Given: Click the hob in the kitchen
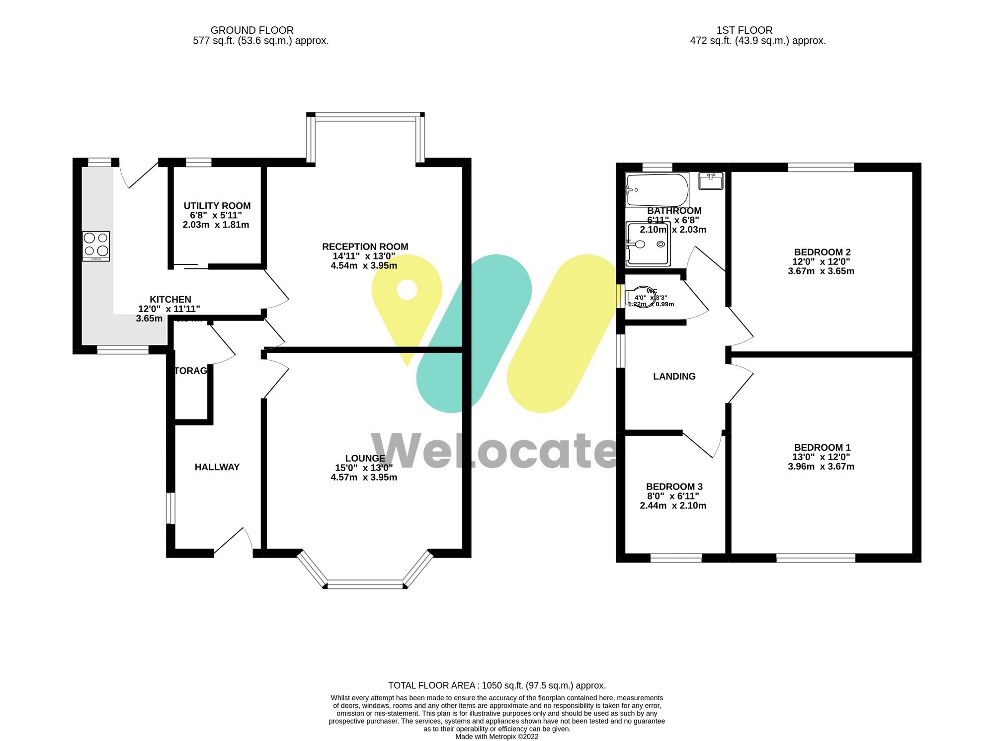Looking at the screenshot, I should pyautogui.click(x=96, y=246).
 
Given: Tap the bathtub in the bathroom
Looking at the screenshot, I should pyautogui.click(x=657, y=189).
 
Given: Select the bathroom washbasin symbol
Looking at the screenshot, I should pyautogui.click(x=711, y=181).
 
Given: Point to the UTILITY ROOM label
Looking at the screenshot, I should pyautogui.click(x=217, y=206).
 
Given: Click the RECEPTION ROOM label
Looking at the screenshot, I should pyautogui.click(x=365, y=247).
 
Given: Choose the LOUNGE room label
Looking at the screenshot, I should pyautogui.click(x=365, y=458).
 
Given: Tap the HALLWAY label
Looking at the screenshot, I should pyautogui.click(x=217, y=467).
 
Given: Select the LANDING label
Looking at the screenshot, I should pyautogui.click(x=674, y=376).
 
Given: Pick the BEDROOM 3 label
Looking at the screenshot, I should pyautogui.click(x=674, y=487).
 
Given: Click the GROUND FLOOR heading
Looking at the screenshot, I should pyautogui.click(x=252, y=30).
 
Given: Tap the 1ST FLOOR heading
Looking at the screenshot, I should pyautogui.click(x=744, y=30).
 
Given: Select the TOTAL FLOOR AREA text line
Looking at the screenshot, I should pyautogui.click(x=497, y=685).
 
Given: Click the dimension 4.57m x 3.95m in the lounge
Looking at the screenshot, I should pyautogui.click(x=364, y=478).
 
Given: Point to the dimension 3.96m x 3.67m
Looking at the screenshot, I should pyautogui.click(x=821, y=467).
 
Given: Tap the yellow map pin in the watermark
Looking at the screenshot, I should pyautogui.click(x=407, y=298).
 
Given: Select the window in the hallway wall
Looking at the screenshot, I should pyautogui.click(x=170, y=508).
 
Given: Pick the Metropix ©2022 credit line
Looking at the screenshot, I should pyautogui.click(x=497, y=737).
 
